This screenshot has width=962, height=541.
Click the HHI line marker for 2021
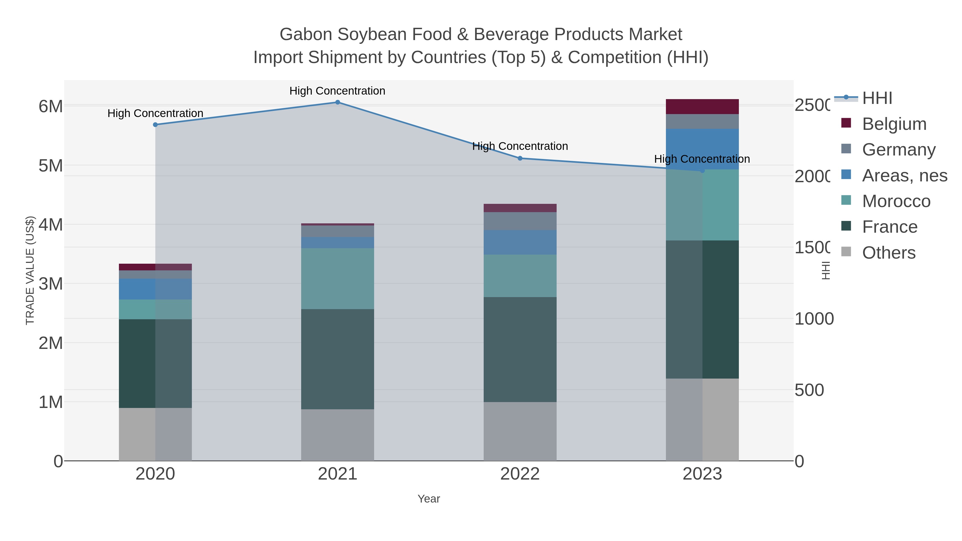[x=337, y=102]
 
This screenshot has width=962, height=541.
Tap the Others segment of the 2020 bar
[x=155, y=434]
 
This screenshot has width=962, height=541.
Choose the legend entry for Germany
[x=898, y=149]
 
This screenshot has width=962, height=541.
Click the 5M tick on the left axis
[x=51, y=165]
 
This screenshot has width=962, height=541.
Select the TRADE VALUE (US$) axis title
[x=30, y=270]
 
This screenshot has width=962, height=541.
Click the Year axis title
[x=429, y=499]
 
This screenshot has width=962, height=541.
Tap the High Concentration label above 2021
[x=337, y=91]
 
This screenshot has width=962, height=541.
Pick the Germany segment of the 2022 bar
[x=520, y=221]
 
